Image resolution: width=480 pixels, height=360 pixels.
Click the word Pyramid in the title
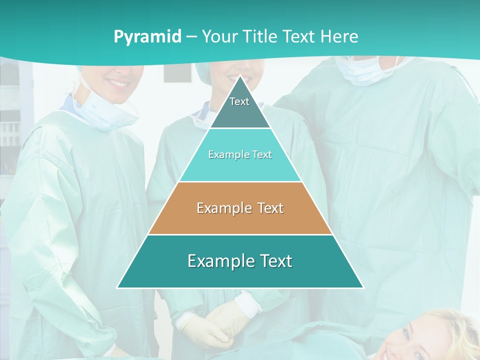click(x=147, y=36)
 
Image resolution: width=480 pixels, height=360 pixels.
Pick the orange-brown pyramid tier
click(x=240, y=208)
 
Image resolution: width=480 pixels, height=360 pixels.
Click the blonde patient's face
click(x=425, y=335)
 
